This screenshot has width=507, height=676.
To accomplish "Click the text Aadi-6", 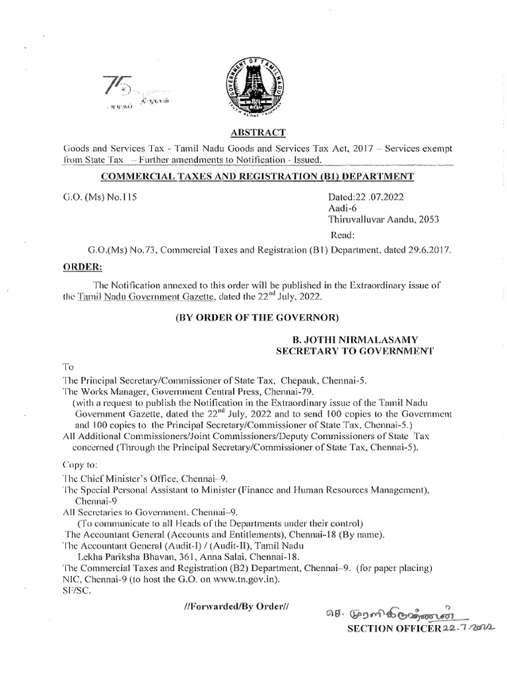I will pos(341,209).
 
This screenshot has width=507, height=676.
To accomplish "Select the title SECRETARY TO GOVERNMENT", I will pos(355,351).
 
